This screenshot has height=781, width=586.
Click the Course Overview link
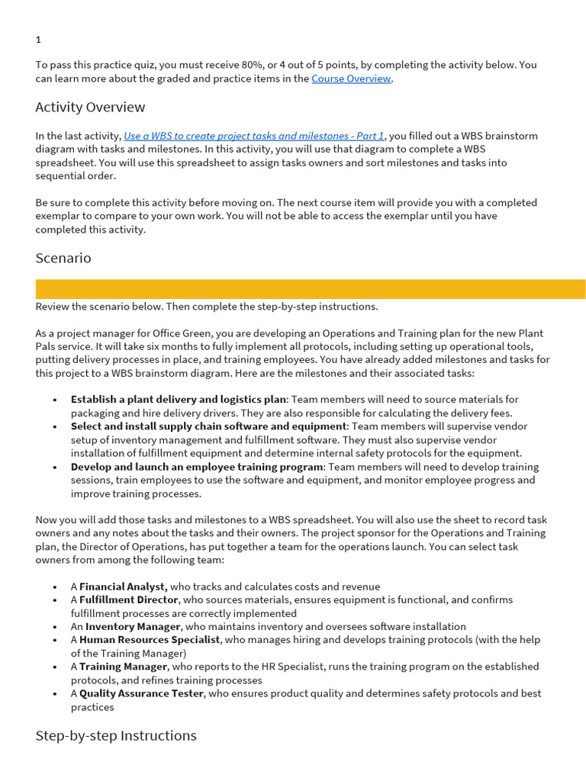pyautogui.click(x=351, y=79)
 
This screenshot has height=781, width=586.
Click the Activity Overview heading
pyautogui.click(x=90, y=107)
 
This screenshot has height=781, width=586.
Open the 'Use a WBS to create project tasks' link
pyautogui.click(x=253, y=136)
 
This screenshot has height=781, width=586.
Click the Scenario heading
pyautogui.click(x=63, y=258)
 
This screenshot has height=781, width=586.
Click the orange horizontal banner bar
pyautogui.click(x=311, y=289)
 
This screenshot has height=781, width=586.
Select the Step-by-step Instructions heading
pyautogui.click(x=116, y=735)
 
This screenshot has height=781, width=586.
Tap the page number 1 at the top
pyautogui.click(x=38, y=40)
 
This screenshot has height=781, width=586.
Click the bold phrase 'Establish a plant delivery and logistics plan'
pyautogui.click(x=178, y=399)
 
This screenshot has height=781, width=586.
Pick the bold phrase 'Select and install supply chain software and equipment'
pyautogui.click(x=208, y=426)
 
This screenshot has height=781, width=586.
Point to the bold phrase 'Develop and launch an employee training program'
pyautogui.click(x=197, y=467)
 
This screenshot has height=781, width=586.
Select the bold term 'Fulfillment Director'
pyautogui.click(x=129, y=599)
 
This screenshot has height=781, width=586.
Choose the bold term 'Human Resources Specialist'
pyautogui.click(x=150, y=640)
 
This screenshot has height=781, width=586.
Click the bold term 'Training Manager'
pyautogui.click(x=123, y=667)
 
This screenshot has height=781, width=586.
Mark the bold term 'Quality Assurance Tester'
pyautogui.click(x=141, y=693)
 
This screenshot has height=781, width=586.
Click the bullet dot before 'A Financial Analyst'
pyautogui.click(x=55, y=587)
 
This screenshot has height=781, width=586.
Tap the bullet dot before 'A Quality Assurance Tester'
pyautogui.click(x=55, y=694)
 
